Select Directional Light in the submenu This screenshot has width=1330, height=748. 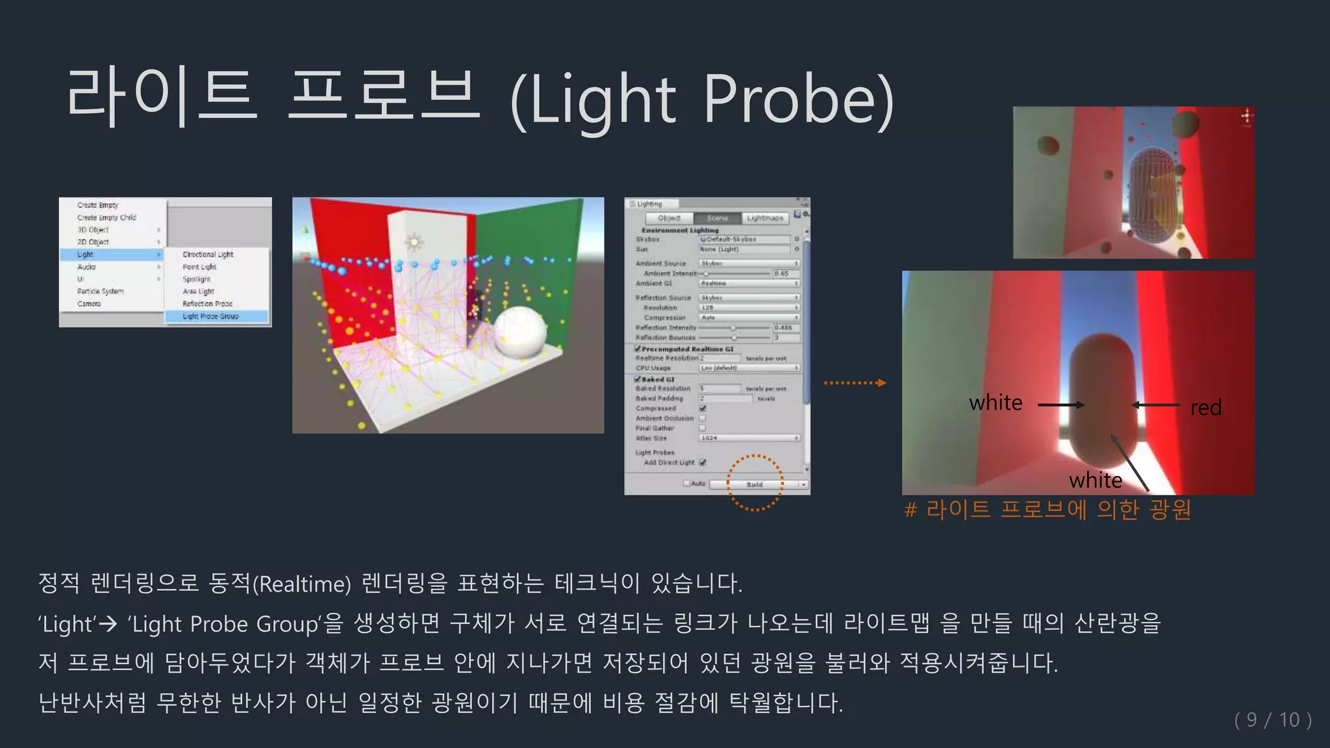(x=208, y=255)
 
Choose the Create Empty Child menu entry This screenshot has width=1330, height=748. (x=107, y=218)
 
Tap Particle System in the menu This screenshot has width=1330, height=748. (x=100, y=292)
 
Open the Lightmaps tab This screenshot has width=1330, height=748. (x=764, y=218)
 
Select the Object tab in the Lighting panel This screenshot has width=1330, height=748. (x=669, y=218)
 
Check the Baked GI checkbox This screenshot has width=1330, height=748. (x=638, y=379)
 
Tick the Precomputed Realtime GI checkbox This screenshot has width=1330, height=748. (x=638, y=349)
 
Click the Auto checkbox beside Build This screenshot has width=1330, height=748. (x=686, y=484)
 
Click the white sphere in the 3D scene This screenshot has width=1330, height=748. (x=520, y=330)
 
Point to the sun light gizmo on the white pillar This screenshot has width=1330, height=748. (x=414, y=243)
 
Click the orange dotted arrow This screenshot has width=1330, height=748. (x=855, y=383)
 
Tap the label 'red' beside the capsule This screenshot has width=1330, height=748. (x=1205, y=408)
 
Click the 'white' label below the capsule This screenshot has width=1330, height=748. (x=1096, y=480)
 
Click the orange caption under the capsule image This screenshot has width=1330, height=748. (x=1047, y=510)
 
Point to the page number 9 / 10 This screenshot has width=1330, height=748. (x=1272, y=719)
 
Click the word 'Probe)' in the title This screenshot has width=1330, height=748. (x=798, y=100)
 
